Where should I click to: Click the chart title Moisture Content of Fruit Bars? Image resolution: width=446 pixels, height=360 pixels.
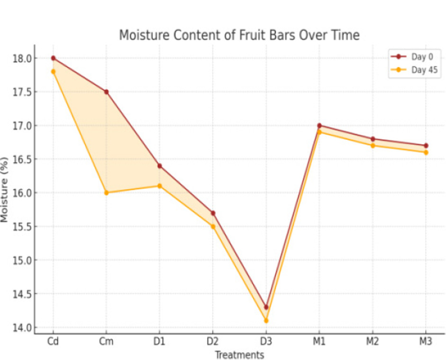point(239,36)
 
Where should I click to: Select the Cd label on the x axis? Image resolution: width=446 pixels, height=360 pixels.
point(53,342)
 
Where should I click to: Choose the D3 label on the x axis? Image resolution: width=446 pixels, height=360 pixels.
point(266,342)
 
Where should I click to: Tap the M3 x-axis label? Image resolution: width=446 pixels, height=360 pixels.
point(425,342)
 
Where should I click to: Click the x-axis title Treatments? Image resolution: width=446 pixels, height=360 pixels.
point(239,355)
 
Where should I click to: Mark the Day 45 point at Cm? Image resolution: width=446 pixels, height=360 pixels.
point(106,193)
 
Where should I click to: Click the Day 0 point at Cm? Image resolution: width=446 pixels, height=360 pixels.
point(106,92)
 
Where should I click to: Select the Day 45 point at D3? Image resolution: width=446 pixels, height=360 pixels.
point(266,321)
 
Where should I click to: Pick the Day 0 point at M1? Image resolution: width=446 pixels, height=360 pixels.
point(319,126)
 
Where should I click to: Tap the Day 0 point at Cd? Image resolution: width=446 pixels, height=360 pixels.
point(53,58)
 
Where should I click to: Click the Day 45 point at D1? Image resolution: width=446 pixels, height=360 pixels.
point(160,186)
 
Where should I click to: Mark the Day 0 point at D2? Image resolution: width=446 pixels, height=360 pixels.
point(213,213)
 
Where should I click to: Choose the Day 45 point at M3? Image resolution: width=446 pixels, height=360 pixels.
point(426,153)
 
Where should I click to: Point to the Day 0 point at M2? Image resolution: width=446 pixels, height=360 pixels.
point(372,139)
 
